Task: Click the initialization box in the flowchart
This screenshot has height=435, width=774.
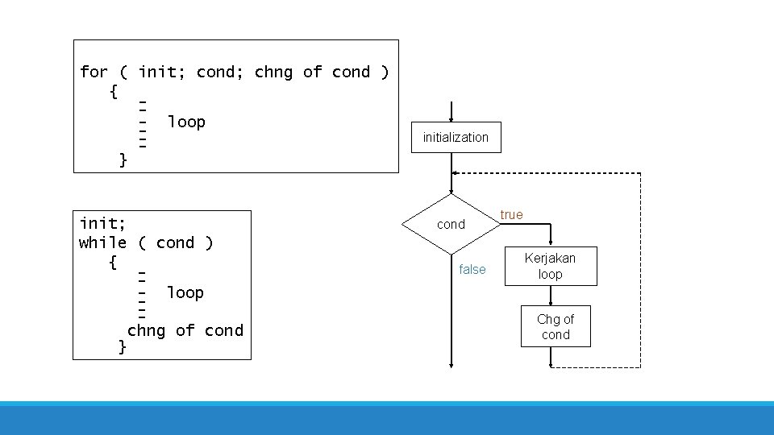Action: tap(456, 137)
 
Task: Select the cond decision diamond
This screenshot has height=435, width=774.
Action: tap(451, 224)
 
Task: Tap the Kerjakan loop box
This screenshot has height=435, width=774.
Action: tap(551, 266)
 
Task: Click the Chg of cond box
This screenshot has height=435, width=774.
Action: tap(556, 326)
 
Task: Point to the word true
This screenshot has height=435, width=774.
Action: tap(511, 214)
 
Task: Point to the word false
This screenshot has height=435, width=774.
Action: tap(472, 269)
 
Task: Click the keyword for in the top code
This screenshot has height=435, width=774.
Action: tap(94, 72)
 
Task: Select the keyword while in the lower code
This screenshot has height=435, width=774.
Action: tap(102, 242)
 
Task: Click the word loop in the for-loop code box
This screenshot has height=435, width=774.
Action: tap(186, 122)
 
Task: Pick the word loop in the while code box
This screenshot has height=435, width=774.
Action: tap(185, 292)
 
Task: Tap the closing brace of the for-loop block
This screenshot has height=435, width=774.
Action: tap(123, 159)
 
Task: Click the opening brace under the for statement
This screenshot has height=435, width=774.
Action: tap(113, 92)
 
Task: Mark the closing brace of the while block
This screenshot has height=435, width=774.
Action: tap(122, 346)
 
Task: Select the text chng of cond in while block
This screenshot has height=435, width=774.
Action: tap(185, 329)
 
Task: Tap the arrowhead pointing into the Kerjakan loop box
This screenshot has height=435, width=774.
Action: tap(551, 242)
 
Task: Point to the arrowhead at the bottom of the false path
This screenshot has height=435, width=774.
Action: tap(451, 364)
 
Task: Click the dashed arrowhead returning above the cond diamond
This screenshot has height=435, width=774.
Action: tap(456, 173)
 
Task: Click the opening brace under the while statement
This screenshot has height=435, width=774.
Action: tap(113, 263)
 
